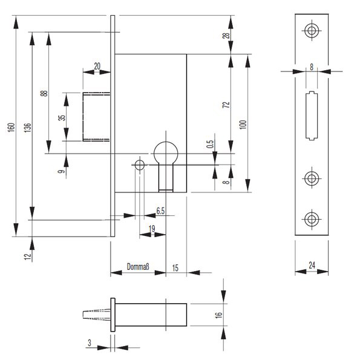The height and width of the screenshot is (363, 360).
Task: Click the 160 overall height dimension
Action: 11,127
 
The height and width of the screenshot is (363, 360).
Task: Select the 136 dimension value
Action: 28,128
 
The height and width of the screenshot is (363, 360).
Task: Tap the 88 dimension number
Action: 44,93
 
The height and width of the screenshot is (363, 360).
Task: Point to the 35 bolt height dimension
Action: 62,118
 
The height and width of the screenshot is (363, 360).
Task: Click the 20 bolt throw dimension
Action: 97,66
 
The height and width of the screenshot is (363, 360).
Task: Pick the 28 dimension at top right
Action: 226,36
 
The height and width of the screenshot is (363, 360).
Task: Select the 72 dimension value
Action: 226,105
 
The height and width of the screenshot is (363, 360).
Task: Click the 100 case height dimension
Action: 244,125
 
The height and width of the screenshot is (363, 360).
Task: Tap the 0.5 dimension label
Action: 210,144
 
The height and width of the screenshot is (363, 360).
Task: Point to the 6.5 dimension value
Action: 160,211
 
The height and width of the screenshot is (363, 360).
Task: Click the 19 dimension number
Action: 152,229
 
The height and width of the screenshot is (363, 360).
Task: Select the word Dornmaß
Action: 138,267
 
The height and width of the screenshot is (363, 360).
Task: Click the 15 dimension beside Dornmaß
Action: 175,268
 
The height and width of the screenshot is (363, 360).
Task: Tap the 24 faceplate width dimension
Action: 312,265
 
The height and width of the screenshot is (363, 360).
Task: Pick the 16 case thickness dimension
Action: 219,315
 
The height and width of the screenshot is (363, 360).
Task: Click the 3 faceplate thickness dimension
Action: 90,343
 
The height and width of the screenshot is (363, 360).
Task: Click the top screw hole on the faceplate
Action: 312,31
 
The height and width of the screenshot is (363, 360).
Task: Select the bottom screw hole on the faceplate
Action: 312,219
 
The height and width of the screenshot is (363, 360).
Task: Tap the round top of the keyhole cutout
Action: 166,142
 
